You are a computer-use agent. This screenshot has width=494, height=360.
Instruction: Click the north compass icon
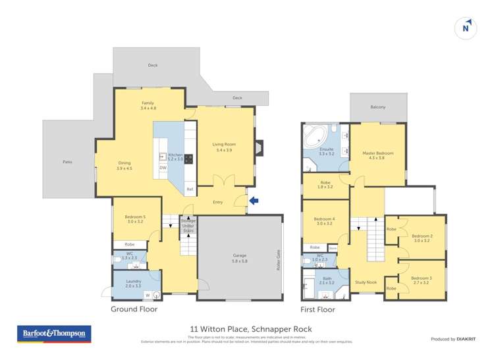(x=466, y=28)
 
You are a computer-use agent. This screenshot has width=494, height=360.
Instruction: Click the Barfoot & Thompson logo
(x=54, y=334)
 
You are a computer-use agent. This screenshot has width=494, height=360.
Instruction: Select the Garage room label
(x=239, y=257)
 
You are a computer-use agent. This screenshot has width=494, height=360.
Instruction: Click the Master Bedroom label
(x=377, y=155)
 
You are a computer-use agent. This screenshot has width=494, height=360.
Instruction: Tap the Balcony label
(x=377, y=107)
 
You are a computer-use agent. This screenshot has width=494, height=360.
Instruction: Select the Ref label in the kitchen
(x=190, y=190)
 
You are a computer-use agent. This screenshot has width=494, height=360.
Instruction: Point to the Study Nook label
(x=366, y=282)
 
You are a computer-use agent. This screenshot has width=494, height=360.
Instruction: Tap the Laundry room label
(x=134, y=284)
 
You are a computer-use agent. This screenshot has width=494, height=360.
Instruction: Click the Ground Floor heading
(x=134, y=309)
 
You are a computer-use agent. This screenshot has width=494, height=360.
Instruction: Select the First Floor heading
(x=317, y=309)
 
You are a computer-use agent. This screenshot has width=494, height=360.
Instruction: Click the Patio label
(x=67, y=161)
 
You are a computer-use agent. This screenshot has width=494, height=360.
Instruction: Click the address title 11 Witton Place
(x=246, y=329)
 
